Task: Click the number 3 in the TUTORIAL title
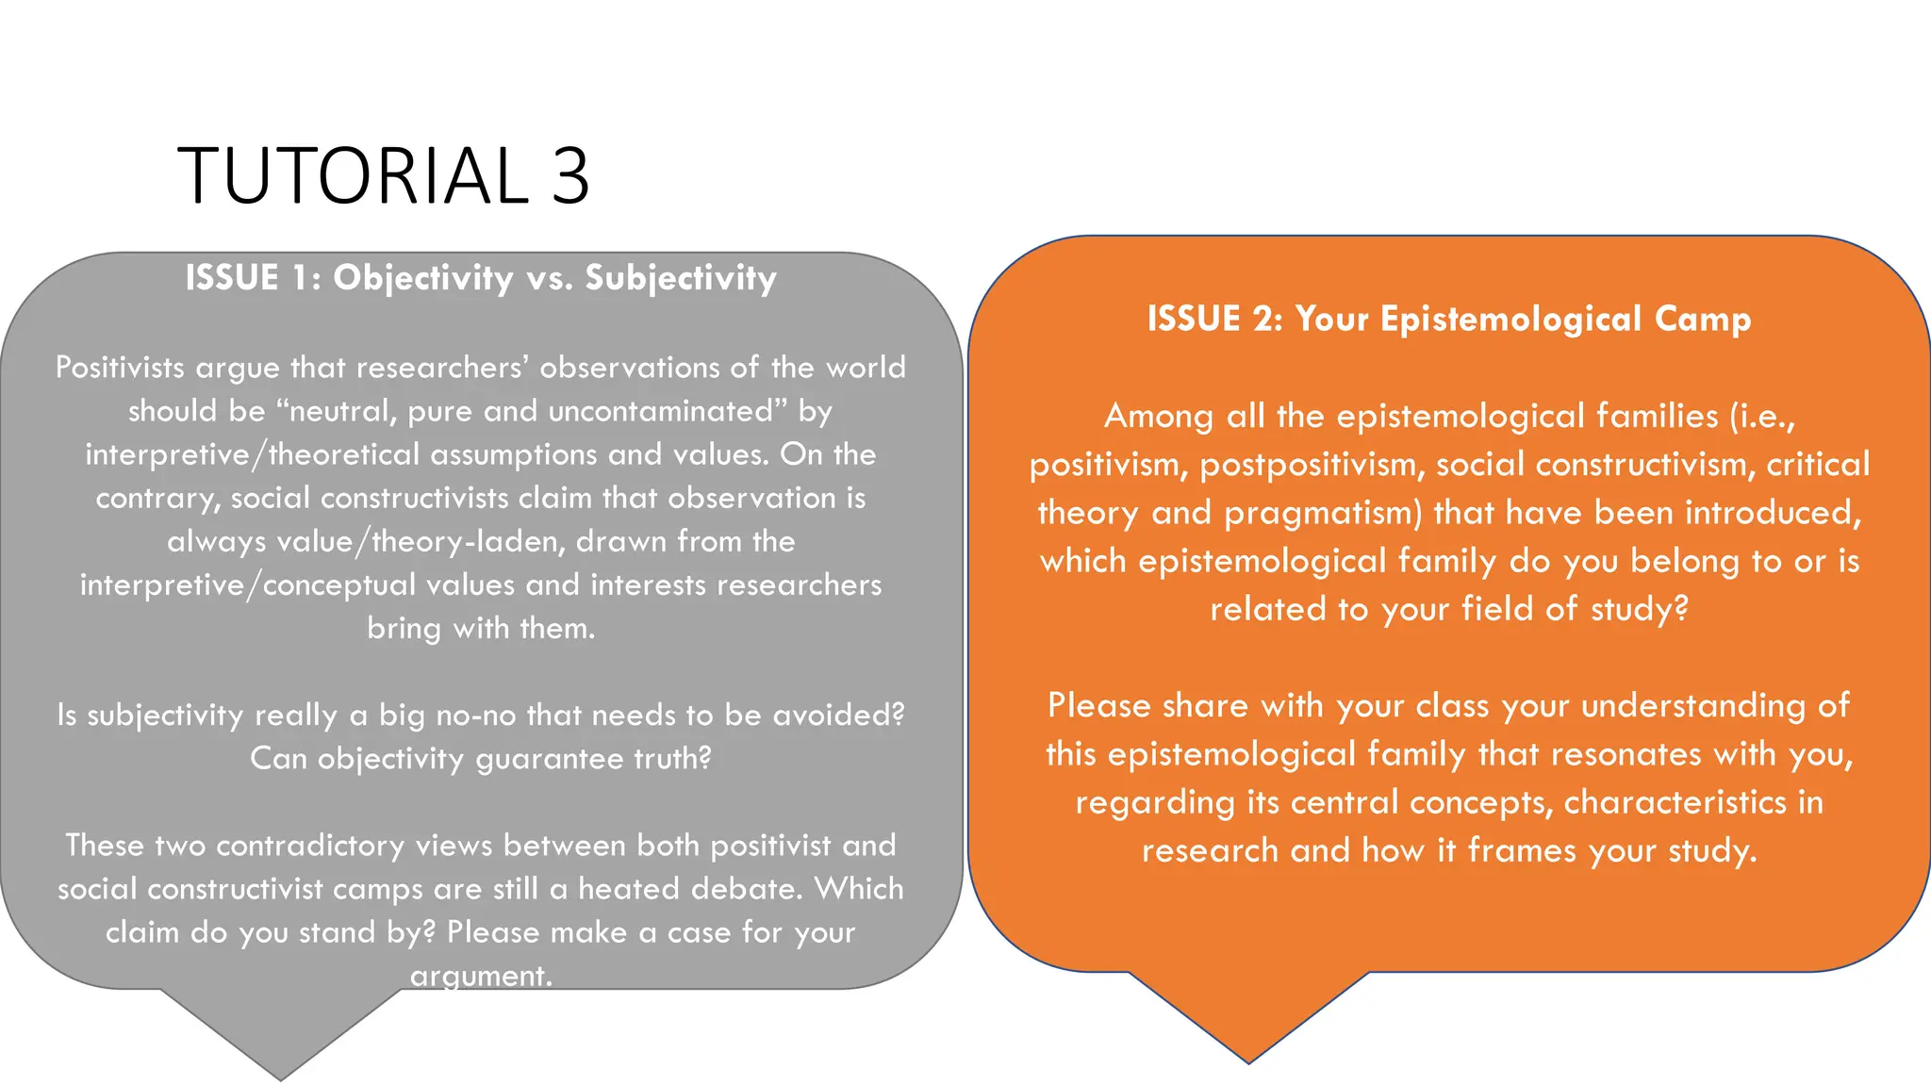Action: coord(570,175)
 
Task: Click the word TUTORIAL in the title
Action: coord(354,175)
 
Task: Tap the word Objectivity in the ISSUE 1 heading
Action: coord(423,278)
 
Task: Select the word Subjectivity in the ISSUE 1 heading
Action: coord(681,278)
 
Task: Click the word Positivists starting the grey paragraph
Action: coord(120,367)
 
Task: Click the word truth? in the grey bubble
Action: coord(672,758)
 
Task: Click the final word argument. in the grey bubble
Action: coord(481,976)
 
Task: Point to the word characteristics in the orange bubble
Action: coord(1675,802)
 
